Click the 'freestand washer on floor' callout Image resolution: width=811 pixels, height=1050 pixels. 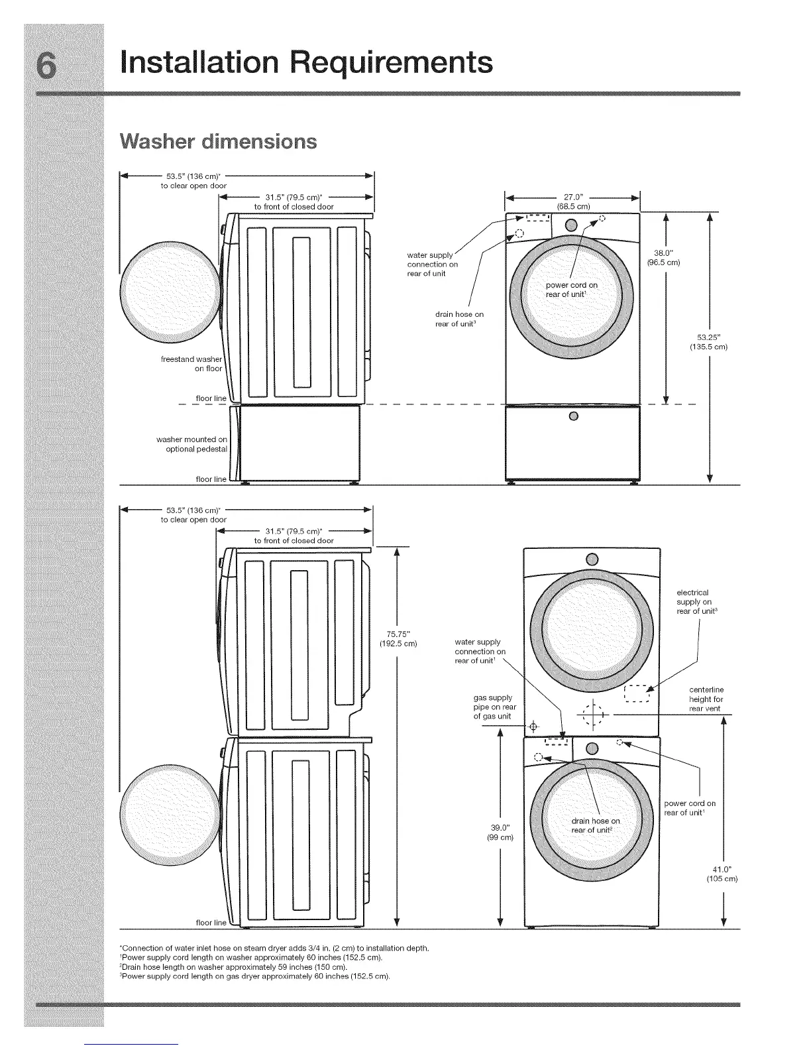191,364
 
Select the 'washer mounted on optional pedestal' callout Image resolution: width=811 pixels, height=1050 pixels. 192,444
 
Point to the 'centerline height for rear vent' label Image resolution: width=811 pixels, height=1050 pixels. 706,699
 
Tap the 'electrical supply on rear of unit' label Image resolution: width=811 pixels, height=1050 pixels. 694,601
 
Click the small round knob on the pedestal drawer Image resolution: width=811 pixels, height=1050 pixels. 574,416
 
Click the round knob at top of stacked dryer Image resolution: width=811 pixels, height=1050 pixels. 592,557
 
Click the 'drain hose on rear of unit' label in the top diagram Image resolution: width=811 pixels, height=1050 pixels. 459,319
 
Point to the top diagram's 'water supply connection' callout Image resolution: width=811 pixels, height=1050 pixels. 432,264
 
